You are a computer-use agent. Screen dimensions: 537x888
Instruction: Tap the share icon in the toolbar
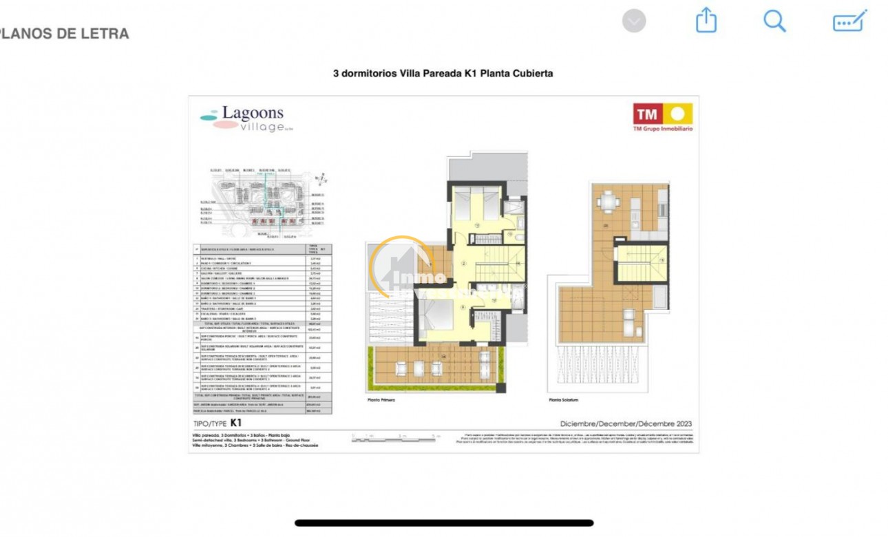706,21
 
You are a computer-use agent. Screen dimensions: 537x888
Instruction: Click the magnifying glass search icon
774,21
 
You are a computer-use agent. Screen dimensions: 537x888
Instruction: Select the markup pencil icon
849,21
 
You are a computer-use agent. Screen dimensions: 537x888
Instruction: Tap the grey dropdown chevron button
634,21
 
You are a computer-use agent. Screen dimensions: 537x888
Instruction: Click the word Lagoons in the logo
253,114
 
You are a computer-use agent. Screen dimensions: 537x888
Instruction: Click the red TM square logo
646,114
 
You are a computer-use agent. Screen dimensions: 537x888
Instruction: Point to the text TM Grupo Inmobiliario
662,129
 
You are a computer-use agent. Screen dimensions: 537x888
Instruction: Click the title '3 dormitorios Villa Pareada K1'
443,73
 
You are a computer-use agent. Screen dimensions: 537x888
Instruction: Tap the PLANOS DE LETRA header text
65,33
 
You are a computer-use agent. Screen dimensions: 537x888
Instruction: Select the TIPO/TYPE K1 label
217,423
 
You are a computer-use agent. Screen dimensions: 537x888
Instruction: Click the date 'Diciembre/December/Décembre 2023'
626,424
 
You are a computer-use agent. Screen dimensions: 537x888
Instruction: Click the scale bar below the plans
395,436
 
